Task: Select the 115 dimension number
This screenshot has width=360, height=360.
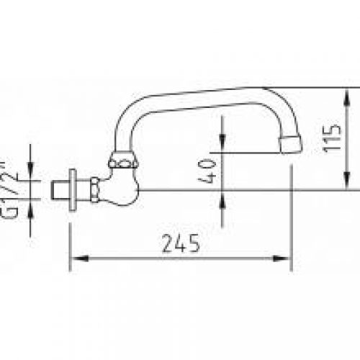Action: tap(329, 136)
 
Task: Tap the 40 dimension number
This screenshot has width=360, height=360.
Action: tap(209, 171)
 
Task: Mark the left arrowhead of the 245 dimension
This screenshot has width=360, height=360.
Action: tap(74, 257)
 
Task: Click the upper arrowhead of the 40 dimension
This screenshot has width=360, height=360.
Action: tap(222, 148)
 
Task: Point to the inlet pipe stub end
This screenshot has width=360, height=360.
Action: tap(60, 190)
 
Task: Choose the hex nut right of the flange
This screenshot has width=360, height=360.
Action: tap(94, 191)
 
